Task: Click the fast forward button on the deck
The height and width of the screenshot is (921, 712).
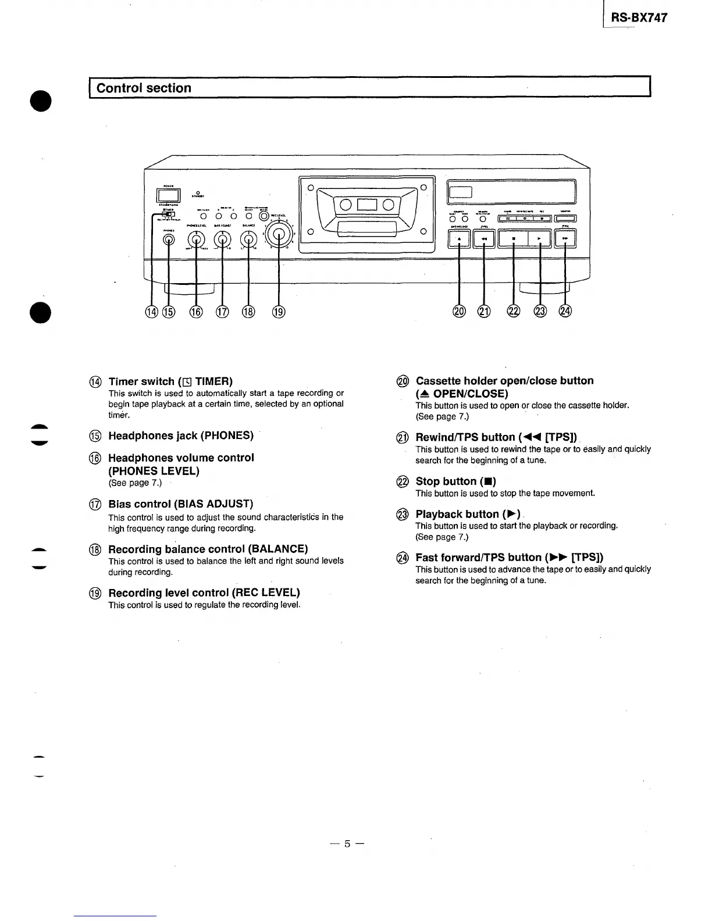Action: point(565,238)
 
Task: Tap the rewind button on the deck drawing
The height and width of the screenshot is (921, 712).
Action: point(484,238)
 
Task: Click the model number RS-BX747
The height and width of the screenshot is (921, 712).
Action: point(639,17)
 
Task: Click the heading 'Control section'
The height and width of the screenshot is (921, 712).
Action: point(144,88)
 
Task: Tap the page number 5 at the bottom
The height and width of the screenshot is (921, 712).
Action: point(347,843)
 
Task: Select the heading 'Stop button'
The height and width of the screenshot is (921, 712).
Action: point(455,481)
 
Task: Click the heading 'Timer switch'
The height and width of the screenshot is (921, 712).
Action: point(170,381)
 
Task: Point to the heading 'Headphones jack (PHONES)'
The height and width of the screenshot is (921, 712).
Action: point(181,435)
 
